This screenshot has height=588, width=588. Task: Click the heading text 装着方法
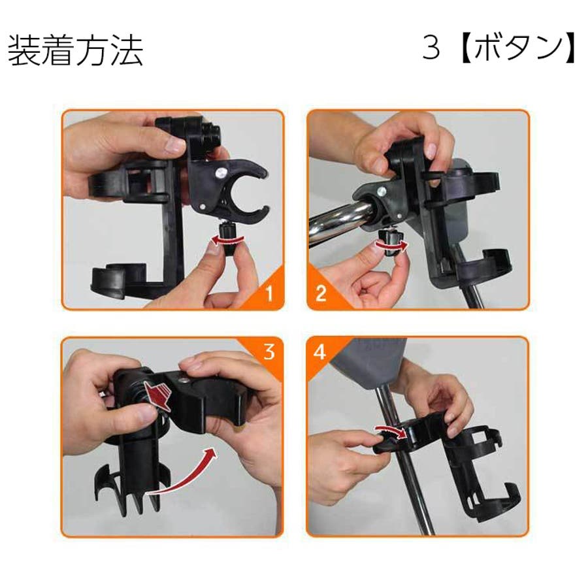[x=75, y=50]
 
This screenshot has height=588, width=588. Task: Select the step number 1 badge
[x=269, y=293]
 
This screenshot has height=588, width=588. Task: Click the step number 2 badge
[x=321, y=293]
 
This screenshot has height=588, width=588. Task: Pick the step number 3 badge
[x=269, y=352]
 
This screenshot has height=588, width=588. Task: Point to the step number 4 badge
[x=319, y=351]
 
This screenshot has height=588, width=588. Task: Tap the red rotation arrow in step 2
[x=391, y=245]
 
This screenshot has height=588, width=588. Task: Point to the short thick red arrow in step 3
[x=158, y=397]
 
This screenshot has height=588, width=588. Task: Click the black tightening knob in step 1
[x=227, y=240]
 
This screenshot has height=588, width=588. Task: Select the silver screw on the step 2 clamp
[x=382, y=191]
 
